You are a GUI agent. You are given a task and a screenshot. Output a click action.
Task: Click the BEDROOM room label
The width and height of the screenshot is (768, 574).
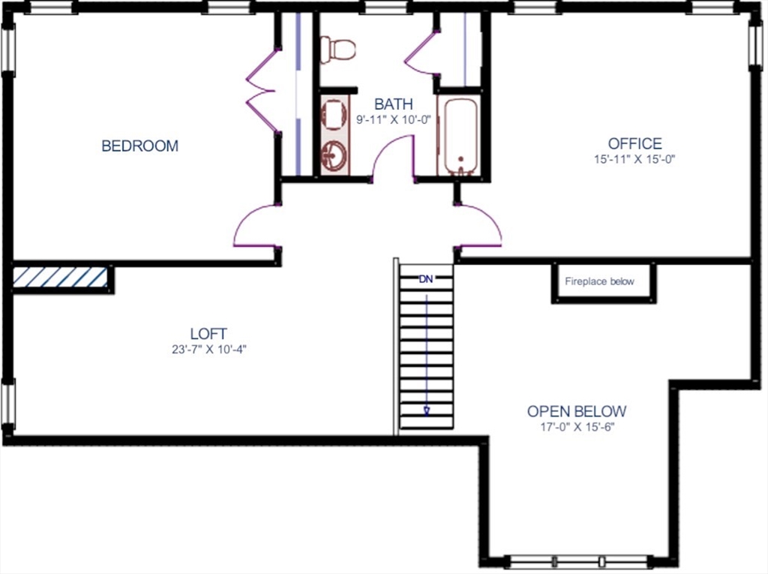tap(140, 146)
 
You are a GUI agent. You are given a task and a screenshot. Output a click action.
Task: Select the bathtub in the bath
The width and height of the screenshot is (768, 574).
tap(457, 136)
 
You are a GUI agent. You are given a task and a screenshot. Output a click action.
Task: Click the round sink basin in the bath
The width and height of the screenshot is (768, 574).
tap(334, 156)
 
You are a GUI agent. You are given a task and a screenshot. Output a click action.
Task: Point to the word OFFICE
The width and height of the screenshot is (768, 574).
tap(634, 143)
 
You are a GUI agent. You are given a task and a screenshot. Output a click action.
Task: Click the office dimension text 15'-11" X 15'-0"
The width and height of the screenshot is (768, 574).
tap(634, 159)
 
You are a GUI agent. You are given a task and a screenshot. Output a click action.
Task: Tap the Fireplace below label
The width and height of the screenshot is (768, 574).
tap(599, 282)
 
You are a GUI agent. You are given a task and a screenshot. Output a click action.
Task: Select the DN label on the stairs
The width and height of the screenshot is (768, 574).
tap(426, 280)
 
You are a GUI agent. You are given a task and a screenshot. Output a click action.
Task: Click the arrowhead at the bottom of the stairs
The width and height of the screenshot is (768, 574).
tap(427, 410)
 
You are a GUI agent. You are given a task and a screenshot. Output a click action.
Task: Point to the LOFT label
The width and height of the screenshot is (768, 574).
tap(208, 334)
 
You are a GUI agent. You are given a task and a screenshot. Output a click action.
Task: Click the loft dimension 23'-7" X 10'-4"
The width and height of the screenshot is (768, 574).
tap(208, 349)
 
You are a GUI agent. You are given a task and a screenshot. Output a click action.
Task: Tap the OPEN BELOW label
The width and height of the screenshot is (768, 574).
tap(576, 411)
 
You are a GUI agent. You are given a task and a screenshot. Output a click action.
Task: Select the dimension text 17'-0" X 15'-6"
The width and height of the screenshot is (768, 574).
tap(576, 428)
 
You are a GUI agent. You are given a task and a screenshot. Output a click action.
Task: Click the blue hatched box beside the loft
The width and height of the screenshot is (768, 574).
tap(60, 278)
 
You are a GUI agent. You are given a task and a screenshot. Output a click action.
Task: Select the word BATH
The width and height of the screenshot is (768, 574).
tap(393, 104)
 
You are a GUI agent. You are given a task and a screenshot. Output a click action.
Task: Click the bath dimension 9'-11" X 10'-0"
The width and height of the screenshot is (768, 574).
tap(393, 119)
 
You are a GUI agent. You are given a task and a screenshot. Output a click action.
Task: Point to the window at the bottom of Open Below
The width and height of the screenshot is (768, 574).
tap(578, 560)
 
